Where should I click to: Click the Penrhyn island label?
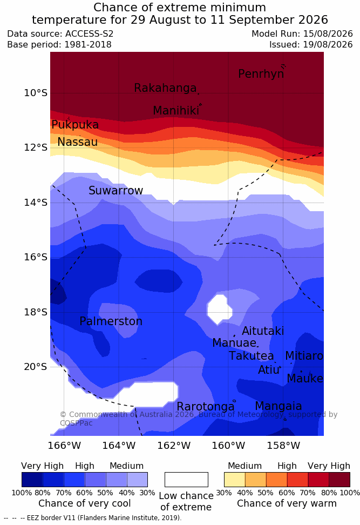[x=261, y=73]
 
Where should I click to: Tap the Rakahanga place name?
[x=165, y=87]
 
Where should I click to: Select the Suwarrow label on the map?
[x=116, y=191]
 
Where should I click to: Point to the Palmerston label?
[x=111, y=321]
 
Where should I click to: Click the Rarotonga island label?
[x=206, y=407]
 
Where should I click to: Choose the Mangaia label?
[x=279, y=406]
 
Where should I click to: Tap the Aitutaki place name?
[x=263, y=331]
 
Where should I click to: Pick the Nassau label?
[x=78, y=142]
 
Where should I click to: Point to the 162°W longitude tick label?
[x=174, y=446]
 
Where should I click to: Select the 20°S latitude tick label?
[x=36, y=367]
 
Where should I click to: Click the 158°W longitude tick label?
[x=283, y=446]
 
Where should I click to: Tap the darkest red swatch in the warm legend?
[x=339, y=480]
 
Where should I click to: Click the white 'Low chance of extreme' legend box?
[x=186, y=480]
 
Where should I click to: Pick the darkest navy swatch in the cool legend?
[x=32, y=480]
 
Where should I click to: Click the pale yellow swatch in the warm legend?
[x=235, y=480]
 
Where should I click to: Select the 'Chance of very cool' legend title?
[x=85, y=503]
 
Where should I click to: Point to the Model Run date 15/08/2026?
[x=328, y=34]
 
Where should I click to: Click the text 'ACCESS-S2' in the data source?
[x=90, y=34]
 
